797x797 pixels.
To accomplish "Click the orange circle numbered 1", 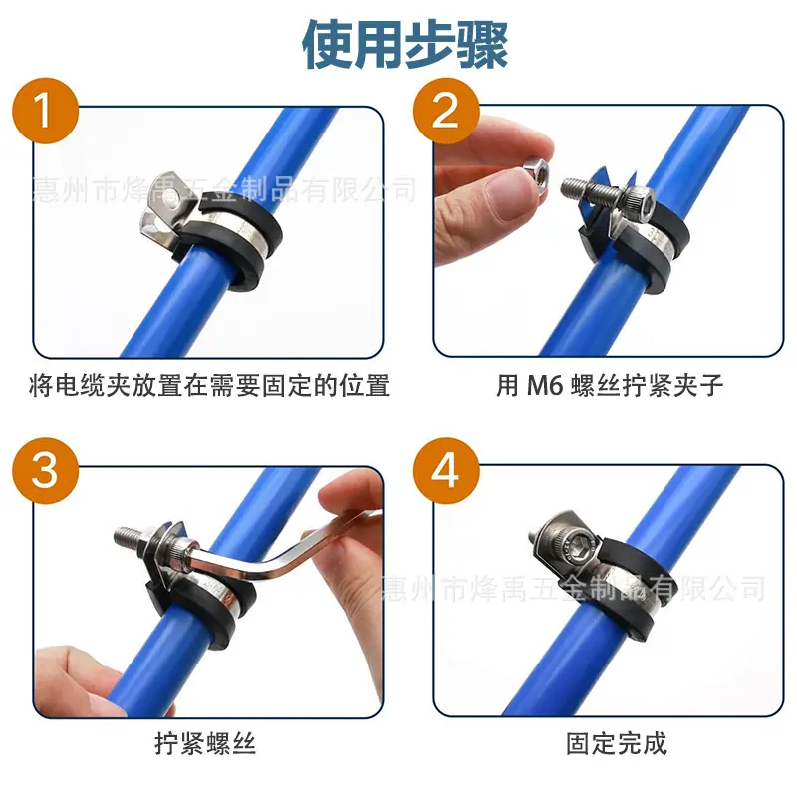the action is click(x=46, y=111).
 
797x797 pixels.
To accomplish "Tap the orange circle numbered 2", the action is click(x=446, y=111).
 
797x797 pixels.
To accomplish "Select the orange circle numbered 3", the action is click(x=46, y=470).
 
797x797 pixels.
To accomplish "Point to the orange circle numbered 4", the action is click(x=446, y=470).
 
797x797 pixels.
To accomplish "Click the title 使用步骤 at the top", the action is click(x=405, y=44).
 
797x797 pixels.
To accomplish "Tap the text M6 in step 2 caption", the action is click(x=544, y=385).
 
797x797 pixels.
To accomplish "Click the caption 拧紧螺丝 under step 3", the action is click(x=205, y=743).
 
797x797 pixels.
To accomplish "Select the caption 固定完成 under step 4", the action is click(x=617, y=743).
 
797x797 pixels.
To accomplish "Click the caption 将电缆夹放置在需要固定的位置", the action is click(x=209, y=385).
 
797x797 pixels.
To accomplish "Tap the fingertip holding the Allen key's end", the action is click(x=351, y=491).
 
